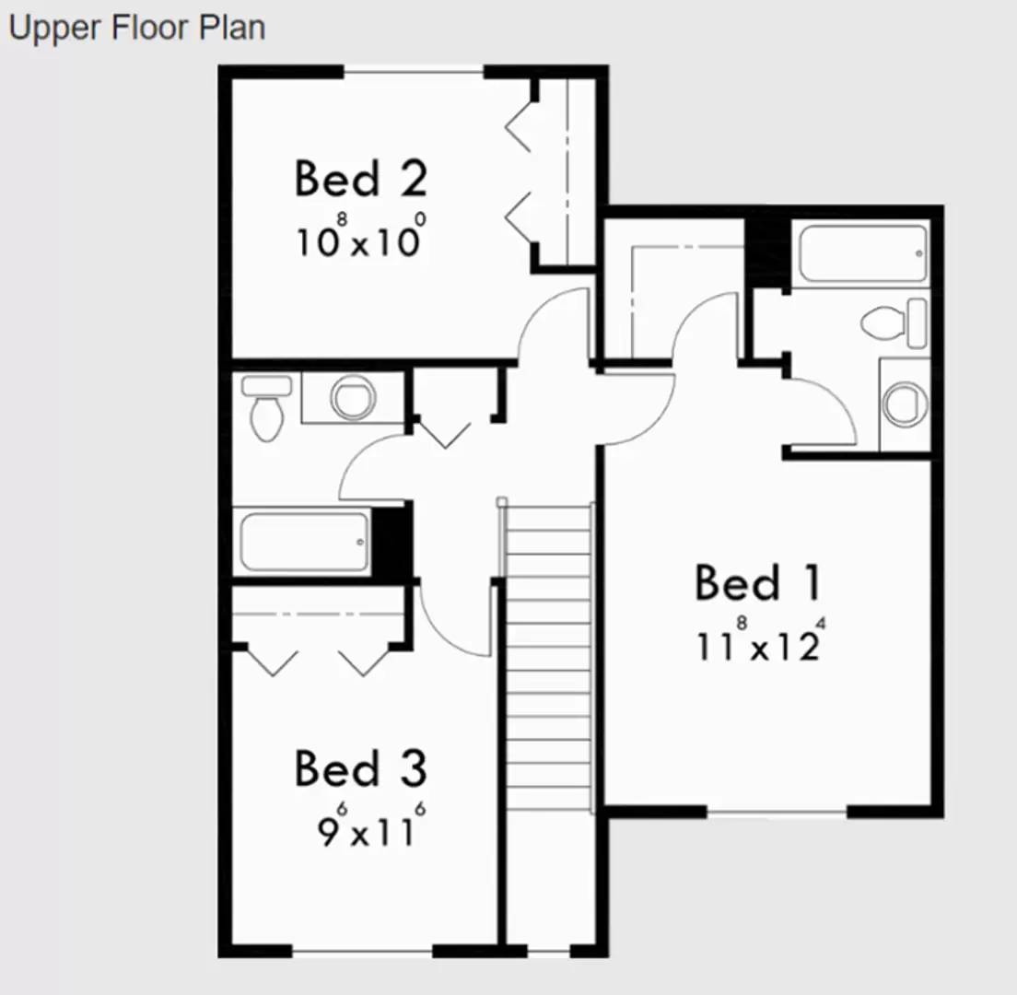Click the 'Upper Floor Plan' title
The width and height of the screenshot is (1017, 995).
pos(136,28)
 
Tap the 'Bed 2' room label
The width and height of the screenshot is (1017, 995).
pos(360,179)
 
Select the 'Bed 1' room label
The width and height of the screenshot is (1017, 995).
pos(757,583)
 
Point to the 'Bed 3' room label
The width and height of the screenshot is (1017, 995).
pos(360,768)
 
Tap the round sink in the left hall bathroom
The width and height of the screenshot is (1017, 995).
pos(353,397)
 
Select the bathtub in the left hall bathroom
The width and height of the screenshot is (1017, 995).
pos(304,542)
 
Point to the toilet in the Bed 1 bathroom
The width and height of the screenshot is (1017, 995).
pos(892,322)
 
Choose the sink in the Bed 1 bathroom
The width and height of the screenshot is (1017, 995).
pos(904,404)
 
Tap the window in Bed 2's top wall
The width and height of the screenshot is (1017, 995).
pos(414,72)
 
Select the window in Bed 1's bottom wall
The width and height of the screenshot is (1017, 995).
pos(776,812)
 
